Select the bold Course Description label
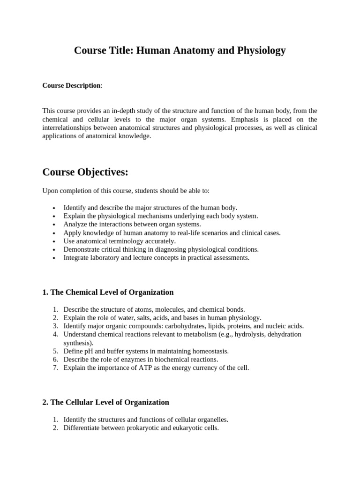tap(71, 85)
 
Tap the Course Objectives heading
tap(85, 172)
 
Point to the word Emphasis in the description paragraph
tap(240, 119)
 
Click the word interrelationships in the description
tap(70, 127)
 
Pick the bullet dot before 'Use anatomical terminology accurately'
tap(54, 241)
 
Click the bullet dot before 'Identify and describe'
tap(54, 208)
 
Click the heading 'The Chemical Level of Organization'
tap(112, 292)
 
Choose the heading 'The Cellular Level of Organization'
tap(109, 402)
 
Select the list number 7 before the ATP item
tap(55, 368)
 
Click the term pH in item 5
tap(89, 351)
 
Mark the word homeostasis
tap(210, 351)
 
